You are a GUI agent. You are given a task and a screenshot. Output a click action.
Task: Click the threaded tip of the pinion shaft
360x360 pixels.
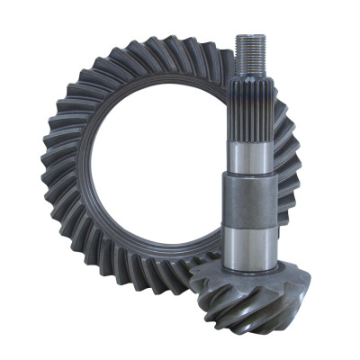coord(248,55)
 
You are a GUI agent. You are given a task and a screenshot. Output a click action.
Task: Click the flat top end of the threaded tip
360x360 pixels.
coord(248,36)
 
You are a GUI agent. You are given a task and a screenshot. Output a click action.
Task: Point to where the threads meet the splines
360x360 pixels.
coord(248,76)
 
